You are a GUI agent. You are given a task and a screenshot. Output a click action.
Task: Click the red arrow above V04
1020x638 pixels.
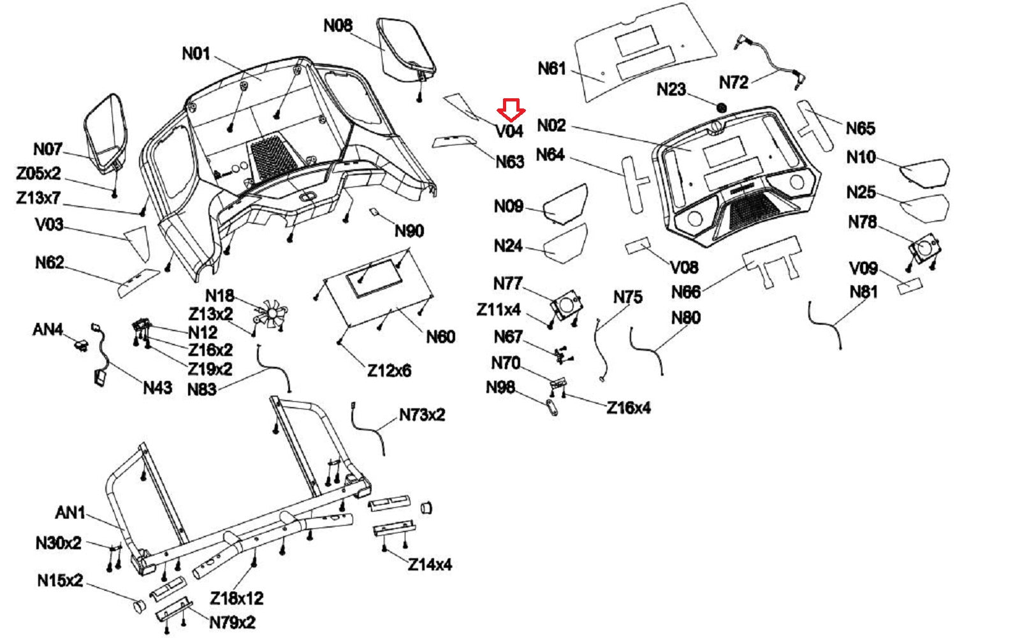pyautogui.click(x=511, y=110)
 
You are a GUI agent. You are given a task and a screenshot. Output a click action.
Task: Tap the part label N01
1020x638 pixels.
pyautogui.click(x=196, y=53)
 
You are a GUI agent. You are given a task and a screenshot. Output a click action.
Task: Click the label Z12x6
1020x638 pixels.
pyautogui.click(x=389, y=370)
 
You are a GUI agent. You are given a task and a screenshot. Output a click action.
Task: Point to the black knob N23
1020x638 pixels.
pyautogui.click(x=722, y=108)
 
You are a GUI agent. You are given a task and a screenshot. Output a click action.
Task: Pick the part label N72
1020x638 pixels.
pyautogui.click(x=733, y=82)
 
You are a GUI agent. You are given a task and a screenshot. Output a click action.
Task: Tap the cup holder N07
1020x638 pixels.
pyautogui.click(x=104, y=131)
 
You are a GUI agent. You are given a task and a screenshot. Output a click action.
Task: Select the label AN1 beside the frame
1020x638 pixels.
pyautogui.click(x=70, y=512)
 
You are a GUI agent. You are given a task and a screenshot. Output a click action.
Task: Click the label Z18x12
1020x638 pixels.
pyautogui.click(x=237, y=598)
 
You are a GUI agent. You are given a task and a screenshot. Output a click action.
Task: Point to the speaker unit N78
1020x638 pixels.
pyautogui.click(x=923, y=249)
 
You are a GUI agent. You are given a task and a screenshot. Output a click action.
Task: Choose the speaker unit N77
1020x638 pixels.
pyautogui.click(x=566, y=304)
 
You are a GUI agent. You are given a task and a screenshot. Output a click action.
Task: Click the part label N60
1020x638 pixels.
pyautogui.click(x=440, y=336)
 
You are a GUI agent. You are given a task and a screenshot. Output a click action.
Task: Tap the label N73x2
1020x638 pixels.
pyautogui.click(x=422, y=415)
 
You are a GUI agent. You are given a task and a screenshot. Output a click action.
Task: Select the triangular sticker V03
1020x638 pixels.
pyautogui.click(x=137, y=241)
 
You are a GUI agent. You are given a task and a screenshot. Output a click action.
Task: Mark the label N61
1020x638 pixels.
pyautogui.click(x=551, y=68)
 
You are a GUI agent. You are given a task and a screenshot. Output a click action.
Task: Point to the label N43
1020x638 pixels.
pyautogui.click(x=157, y=387)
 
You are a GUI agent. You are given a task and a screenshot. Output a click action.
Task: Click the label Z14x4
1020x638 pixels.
pyautogui.click(x=430, y=565)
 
